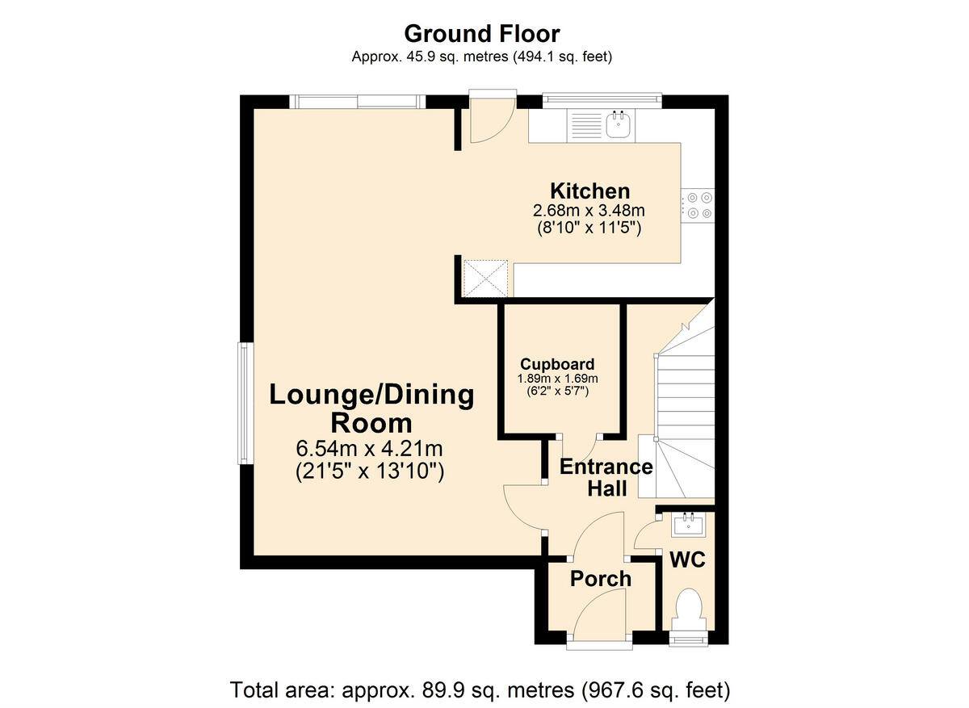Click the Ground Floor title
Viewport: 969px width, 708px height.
[x=481, y=34]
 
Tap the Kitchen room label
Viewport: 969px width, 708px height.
[x=589, y=191]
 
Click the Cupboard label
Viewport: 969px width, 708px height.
[x=557, y=364]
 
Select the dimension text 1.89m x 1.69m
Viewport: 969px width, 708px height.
[x=557, y=378]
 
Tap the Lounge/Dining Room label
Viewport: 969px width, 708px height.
[x=371, y=408]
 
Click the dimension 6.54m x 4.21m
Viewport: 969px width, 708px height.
[x=371, y=449]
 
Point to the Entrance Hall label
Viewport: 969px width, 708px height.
[x=606, y=477]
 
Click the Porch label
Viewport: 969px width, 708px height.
[x=601, y=578]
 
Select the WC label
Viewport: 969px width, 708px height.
[x=686, y=559]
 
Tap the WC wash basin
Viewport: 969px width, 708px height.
[x=688, y=525]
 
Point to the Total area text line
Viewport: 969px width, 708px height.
[x=480, y=690]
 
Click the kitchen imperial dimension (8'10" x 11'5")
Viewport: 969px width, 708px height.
[x=589, y=228]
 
